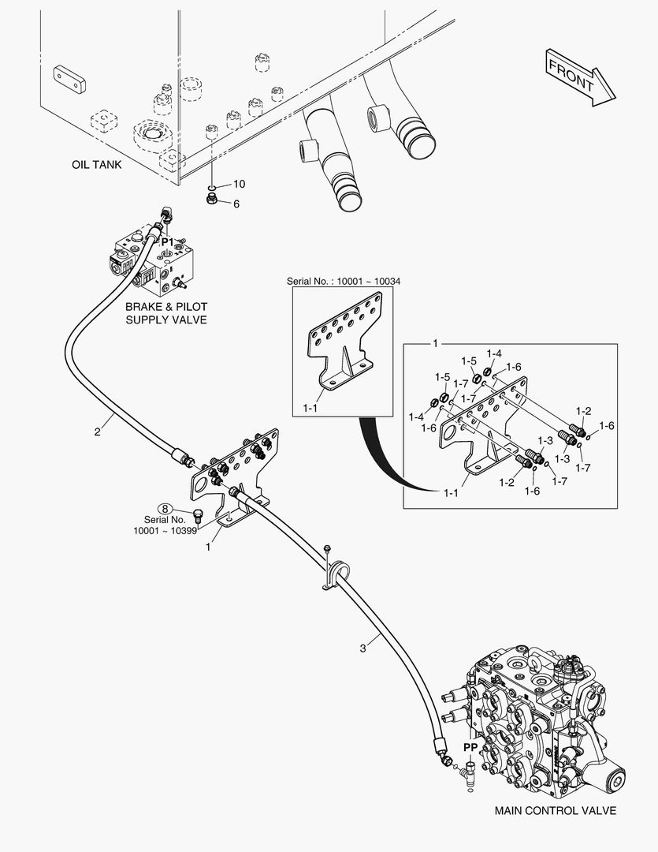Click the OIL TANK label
pyautogui.click(x=97, y=164)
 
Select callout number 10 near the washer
pyautogui.click(x=239, y=184)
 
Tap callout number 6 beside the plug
pyautogui.click(x=236, y=204)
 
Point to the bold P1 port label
pyautogui.click(x=167, y=241)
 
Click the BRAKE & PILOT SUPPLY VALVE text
pyautogui.click(x=166, y=313)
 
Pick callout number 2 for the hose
pyautogui.click(x=97, y=432)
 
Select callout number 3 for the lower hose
pyautogui.click(x=362, y=648)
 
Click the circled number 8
pyautogui.click(x=165, y=509)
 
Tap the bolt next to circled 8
pyautogui.click(x=198, y=517)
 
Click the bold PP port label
pyautogui.click(x=470, y=748)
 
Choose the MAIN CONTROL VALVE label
pyautogui.click(x=556, y=811)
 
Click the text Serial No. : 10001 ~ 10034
pyautogui.click(x=344, y=281)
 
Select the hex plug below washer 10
pyautogui.click(x=213, y=199)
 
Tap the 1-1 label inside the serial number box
pyautogui.click(x=310, y=408)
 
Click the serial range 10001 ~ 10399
pyautogui.click(x=165, y=530)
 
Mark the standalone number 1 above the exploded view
pyautogui.click(x=435, y=343)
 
